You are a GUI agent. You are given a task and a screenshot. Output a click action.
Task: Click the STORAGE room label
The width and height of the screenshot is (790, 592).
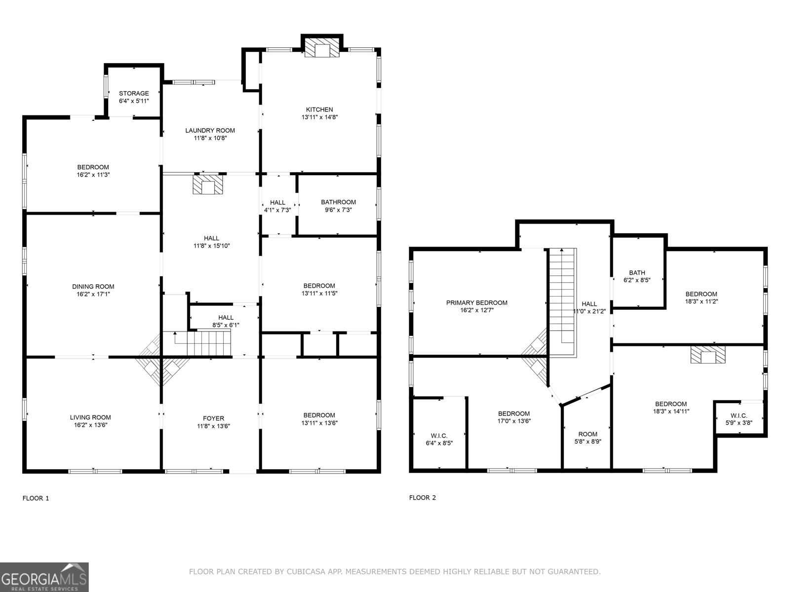[x=134, y=93]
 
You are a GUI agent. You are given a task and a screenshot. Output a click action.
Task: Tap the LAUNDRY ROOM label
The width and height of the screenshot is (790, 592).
[x=210, y=130]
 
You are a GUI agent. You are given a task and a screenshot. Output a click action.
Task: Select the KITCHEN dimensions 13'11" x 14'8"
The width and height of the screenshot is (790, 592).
[x=319, y=117]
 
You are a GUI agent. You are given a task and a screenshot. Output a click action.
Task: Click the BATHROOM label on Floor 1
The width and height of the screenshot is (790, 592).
[x=338, y=202]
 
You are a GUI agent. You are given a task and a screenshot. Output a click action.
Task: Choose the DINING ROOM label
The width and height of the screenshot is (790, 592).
[x=93, y=287]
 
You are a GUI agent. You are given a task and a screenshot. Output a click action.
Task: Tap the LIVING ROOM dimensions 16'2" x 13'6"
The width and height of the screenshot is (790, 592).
[x=90, y=425]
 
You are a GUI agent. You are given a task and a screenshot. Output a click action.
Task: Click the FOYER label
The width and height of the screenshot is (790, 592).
[x=213, y=418]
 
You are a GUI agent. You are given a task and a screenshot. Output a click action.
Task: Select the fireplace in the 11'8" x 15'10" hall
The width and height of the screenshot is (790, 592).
[x=208, y=185]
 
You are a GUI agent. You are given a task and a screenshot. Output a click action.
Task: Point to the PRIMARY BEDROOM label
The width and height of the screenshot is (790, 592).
[x=477, y=302]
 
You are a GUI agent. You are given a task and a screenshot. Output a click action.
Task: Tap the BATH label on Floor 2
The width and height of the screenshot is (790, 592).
[x=637, y=273]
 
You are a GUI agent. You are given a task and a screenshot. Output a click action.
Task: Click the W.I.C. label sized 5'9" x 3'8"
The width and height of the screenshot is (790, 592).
[x=739, y=415]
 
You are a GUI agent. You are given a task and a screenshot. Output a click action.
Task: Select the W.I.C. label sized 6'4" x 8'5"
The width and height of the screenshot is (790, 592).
[x=439, y=436]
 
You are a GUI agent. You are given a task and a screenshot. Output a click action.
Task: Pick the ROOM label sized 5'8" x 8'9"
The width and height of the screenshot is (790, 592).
[x=588, y=434]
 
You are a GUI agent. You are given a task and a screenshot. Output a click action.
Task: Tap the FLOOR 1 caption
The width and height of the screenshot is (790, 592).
[x=36, y=498]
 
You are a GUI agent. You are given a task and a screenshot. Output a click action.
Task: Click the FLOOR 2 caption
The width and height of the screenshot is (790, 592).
[x=423, y=498]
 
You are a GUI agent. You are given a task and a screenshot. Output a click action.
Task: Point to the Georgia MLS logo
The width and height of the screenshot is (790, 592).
[x=44, y=577]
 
